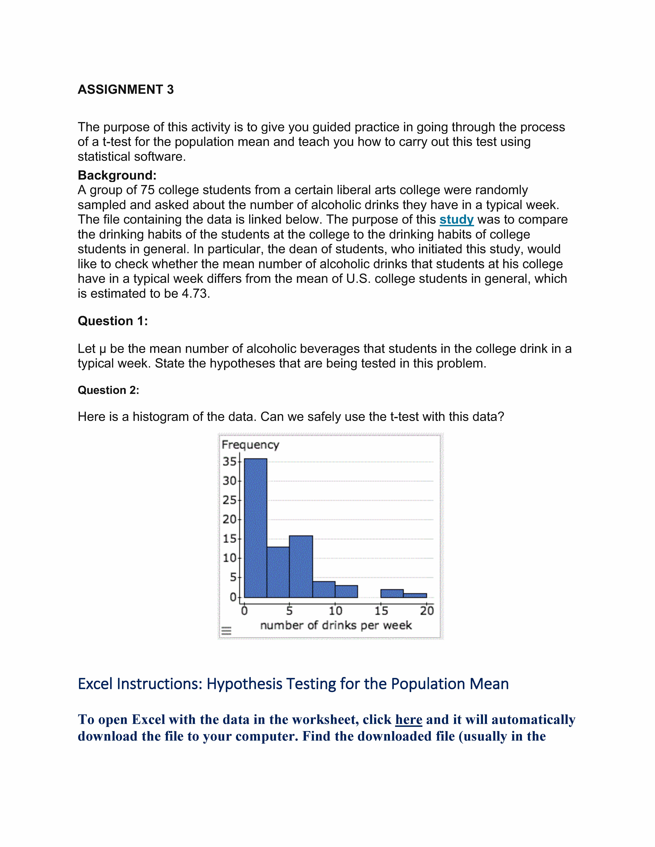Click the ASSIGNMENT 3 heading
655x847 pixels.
pyautogui.click(x=126, y=90)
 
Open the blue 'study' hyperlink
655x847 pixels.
pyautogui.click(x=456, y=219)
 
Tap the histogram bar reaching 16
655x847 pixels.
pyautogui.click(x=301, y=566)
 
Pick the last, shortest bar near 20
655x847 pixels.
pyautogui.click(x=415, y=595)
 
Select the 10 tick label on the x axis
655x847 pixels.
pyautogui.click(x=335, y=611)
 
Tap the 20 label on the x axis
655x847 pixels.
pyautogui.click(x=427, y=611)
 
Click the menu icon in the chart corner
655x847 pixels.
pyautogui.click(x=226, y=631)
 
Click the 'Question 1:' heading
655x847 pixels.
pyautogui.click(x=113, y=321)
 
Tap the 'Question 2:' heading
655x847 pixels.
pyautogui.click(x=108, y=390)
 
